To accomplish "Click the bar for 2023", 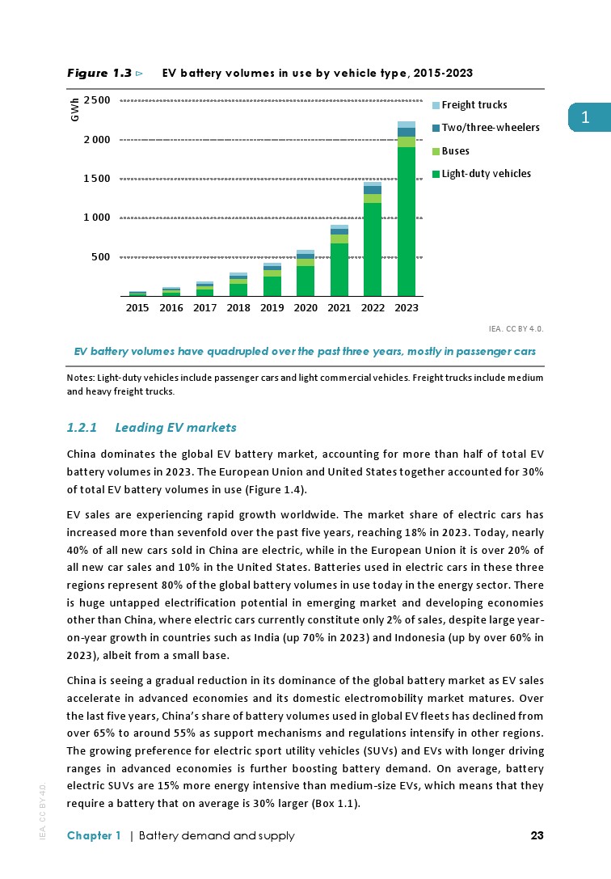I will pos(406,210).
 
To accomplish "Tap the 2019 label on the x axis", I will pos(272,308).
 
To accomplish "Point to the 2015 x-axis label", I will pos(137,308).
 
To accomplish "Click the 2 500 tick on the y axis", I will pos(96,100).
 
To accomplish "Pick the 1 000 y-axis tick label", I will pos(96,218).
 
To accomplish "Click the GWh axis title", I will pos(75,111).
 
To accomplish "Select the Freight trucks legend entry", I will pos(474,105).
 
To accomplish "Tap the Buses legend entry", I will pos(455,151).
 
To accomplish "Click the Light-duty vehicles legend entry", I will pos(487,174).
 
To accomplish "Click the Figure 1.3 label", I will pos(99,74).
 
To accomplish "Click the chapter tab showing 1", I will pos(588,118).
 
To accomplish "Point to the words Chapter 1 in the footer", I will pos(94,836).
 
